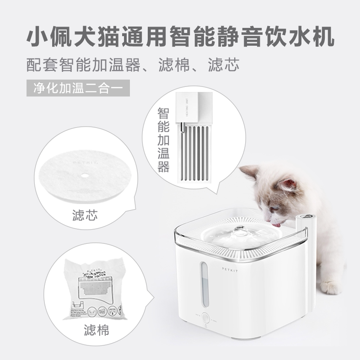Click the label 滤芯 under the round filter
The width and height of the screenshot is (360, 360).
[x=85, y=214]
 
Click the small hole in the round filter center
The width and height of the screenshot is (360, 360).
[x=86, y=174]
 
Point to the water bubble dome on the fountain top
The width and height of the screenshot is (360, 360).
[x=240, y=230]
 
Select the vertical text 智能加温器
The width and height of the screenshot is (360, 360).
[x=163, y=140]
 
